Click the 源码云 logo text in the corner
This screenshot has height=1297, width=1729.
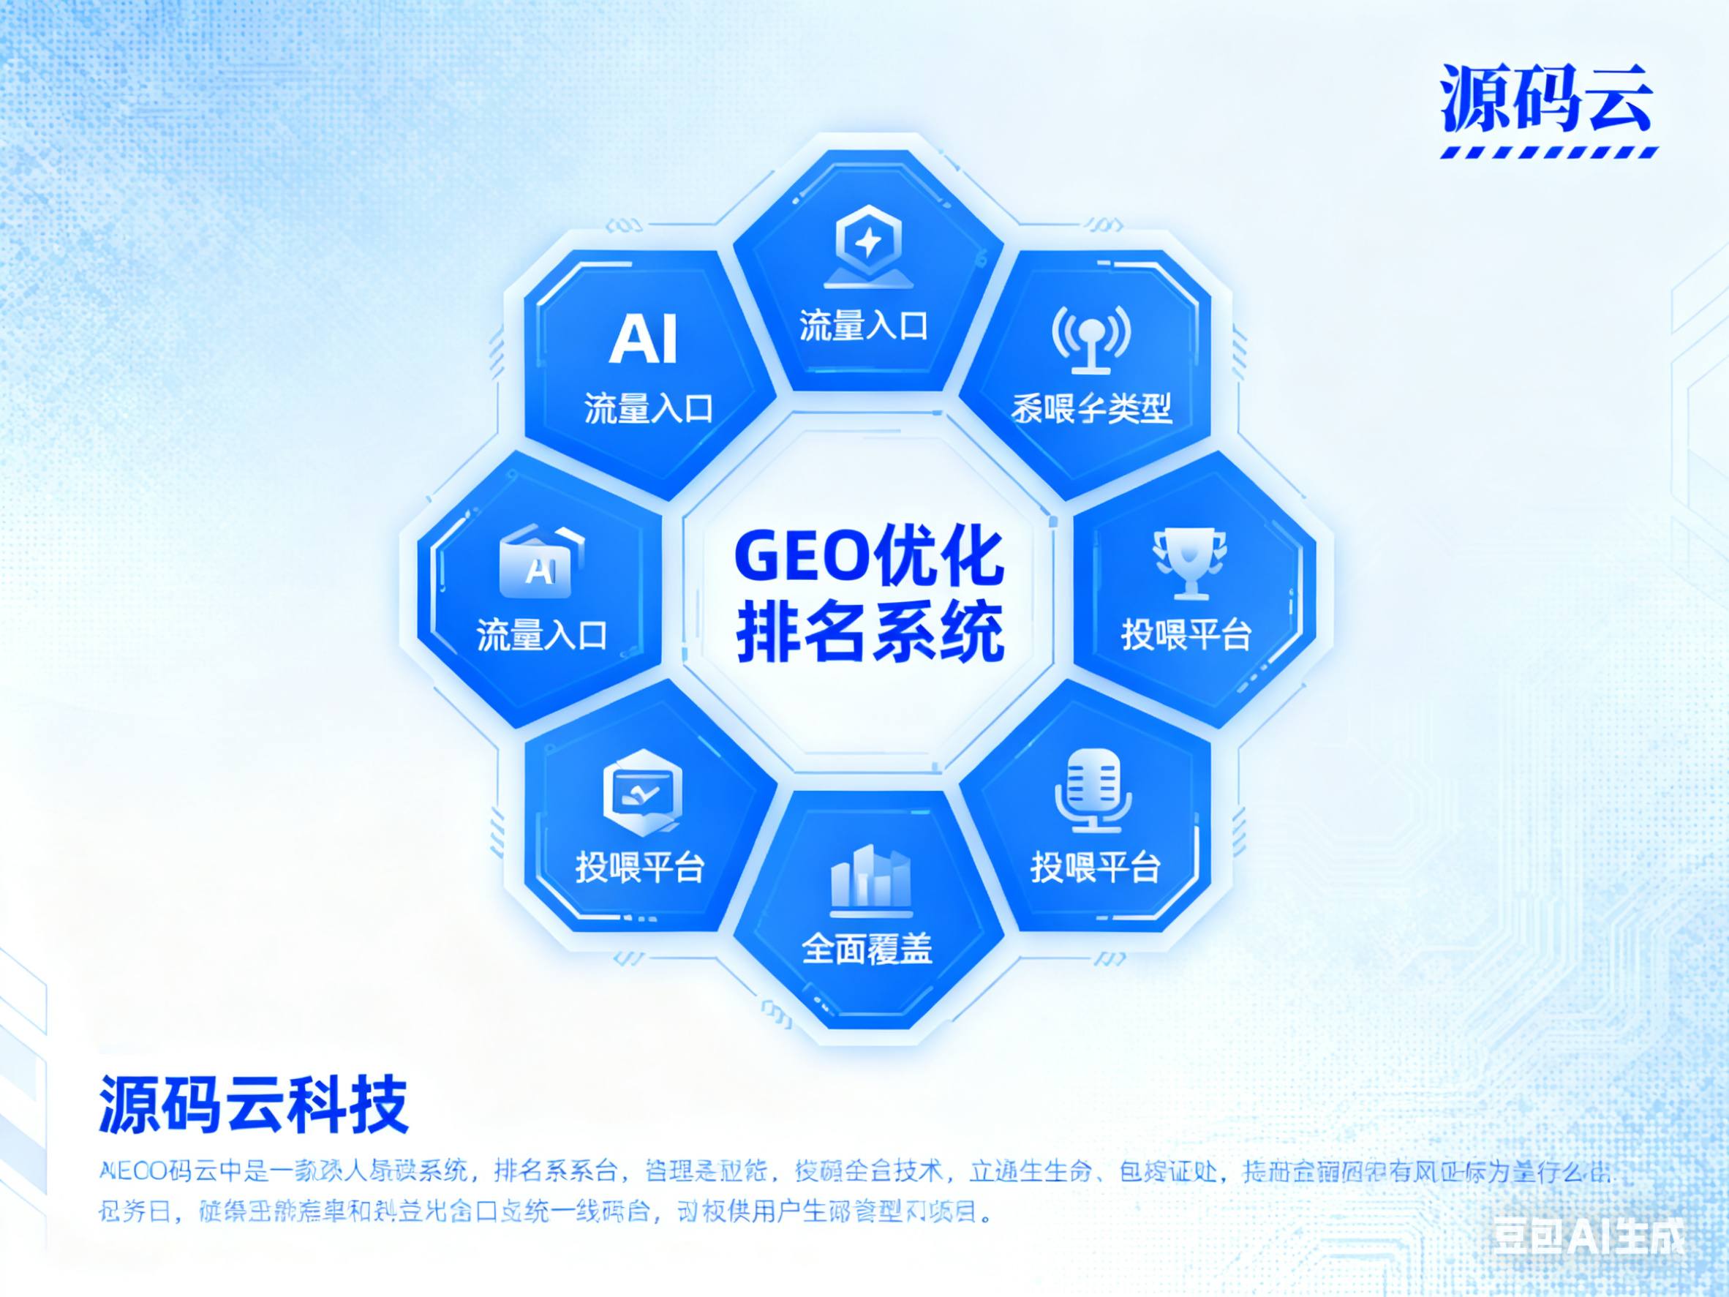coord(1547,99)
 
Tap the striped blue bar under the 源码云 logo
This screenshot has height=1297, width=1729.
coord(1548,152)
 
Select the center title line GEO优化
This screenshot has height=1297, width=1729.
coord(868,557)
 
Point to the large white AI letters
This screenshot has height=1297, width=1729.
coord(642,339)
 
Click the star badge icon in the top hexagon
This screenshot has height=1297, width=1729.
coord(867,243)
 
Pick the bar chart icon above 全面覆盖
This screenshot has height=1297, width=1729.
coord(869,879)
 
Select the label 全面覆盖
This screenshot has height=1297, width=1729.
coord(867,949)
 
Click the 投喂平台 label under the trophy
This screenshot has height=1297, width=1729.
coord(1186,635)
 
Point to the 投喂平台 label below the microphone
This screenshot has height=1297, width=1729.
coord(1094,866)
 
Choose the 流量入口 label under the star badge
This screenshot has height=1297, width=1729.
coord(863,326)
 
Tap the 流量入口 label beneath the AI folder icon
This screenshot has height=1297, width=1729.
coord(542,635)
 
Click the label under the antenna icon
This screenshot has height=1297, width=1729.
coord(1091,408)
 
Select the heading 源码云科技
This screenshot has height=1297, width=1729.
coord(254,1105)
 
